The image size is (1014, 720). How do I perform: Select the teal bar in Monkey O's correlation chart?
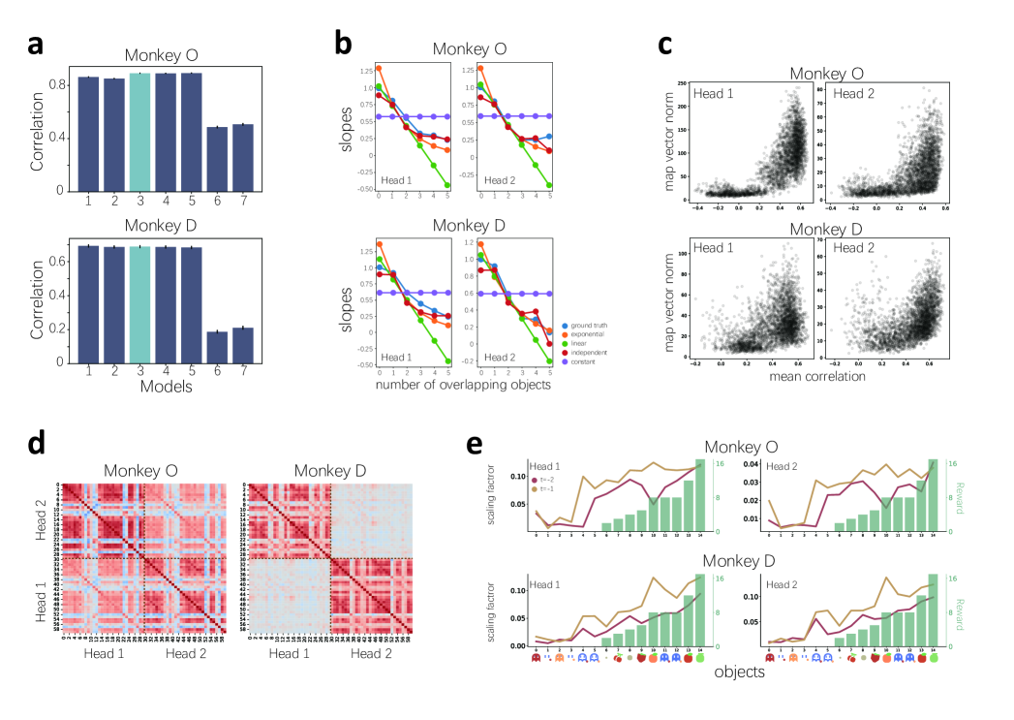tap(139, 131)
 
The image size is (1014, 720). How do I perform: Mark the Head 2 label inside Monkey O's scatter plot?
tap(852, 94)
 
